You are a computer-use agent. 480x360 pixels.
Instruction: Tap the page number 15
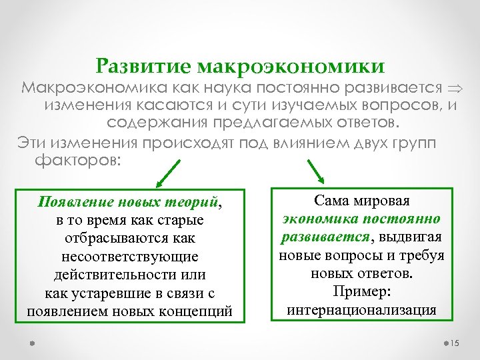[456, 343]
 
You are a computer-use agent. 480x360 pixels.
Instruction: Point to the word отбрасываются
[102, 238]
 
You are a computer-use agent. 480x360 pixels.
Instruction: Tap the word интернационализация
[361, 310]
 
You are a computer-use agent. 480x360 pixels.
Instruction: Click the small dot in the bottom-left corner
[31, 343]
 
